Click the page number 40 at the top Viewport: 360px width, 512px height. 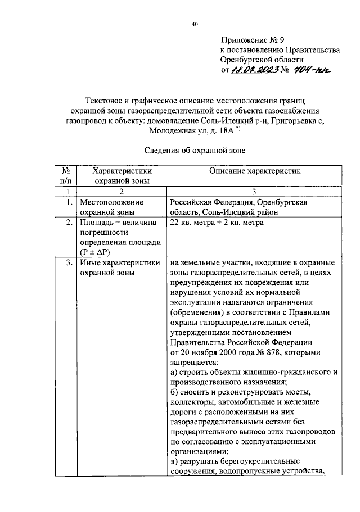click(x=195, y=24)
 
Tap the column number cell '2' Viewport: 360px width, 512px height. click(x=120, y=192)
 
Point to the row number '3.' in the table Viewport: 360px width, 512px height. click(x=67, y=262)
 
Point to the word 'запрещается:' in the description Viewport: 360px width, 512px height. click(x=192, y=363)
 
